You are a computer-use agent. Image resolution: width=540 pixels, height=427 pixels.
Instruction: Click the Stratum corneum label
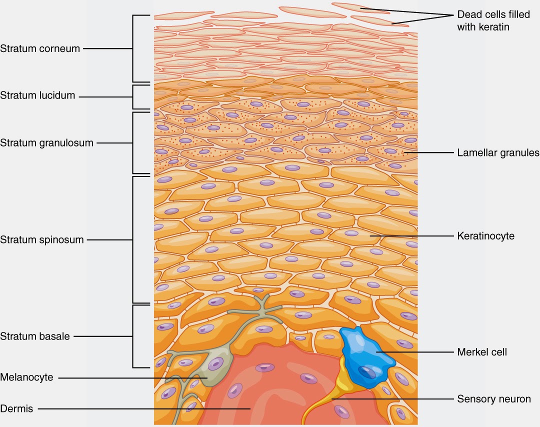point(40,48)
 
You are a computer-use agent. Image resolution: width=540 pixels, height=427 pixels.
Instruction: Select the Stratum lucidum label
point(37,95)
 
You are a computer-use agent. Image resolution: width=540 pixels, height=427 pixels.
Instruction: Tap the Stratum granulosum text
point(46,143)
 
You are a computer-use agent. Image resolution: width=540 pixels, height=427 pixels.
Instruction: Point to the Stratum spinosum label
point(42,239)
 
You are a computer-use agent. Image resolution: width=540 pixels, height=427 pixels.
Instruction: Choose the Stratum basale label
point(35,336)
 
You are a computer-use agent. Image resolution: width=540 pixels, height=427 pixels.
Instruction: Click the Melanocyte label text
point(26,377)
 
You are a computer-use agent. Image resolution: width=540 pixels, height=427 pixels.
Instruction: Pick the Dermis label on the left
point(16,408)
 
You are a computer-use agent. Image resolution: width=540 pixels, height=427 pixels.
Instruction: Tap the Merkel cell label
point(482,352)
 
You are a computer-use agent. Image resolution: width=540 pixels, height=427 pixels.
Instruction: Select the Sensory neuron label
point(494,399)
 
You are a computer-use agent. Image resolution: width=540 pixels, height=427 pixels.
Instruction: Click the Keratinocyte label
point(485,235)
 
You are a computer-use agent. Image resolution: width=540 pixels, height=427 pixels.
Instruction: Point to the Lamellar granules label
point(498,152)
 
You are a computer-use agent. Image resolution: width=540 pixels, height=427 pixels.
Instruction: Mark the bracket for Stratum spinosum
point(133,239)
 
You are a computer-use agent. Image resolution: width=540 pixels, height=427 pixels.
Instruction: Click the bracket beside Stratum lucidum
point(133,96)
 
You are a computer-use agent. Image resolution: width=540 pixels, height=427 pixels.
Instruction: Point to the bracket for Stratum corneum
point(133,48)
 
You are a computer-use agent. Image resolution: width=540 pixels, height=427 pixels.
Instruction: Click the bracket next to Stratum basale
point(133,336)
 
